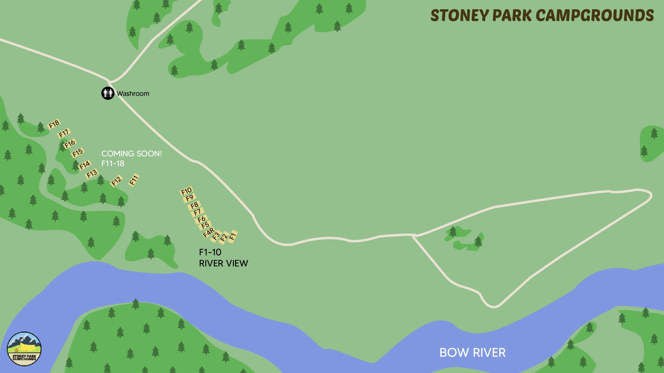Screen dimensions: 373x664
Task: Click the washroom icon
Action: [108, 93]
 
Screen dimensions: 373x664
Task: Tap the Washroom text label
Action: [133, 93]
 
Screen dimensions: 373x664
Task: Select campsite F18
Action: [54, 124]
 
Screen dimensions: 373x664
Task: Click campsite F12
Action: [116, 181]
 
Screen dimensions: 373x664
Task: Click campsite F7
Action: [197, 212]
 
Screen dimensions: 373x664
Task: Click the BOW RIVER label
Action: [472, 352]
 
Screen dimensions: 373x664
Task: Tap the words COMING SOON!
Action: [131, 154]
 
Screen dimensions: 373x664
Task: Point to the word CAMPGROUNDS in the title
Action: [595, 15]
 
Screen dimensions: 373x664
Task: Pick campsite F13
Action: [92, 174]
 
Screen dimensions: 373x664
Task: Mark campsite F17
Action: [64, 133]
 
